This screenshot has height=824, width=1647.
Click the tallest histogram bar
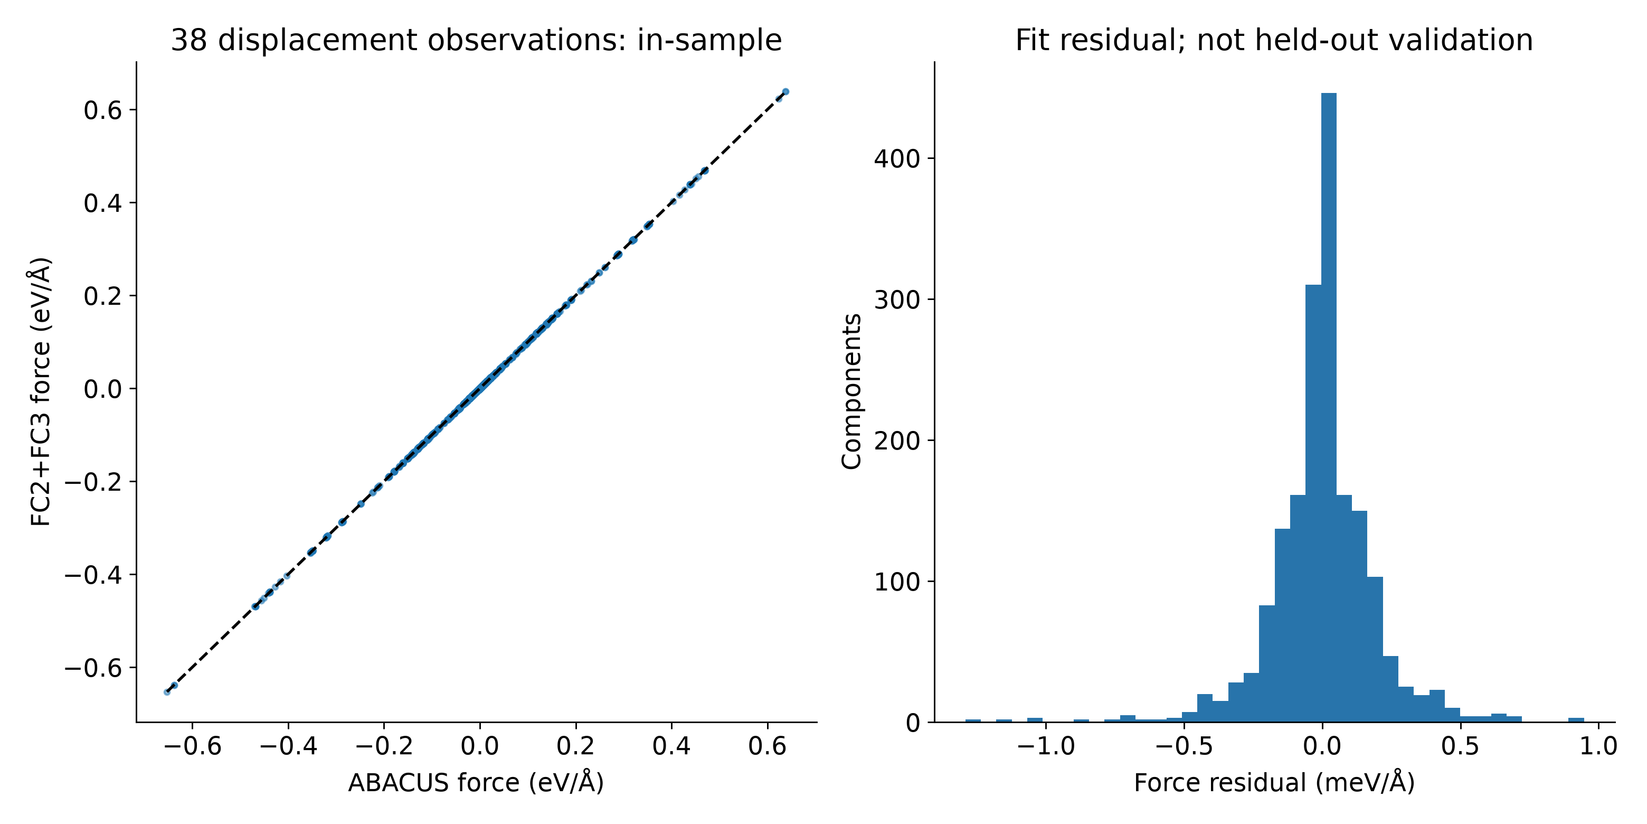pos(1329,408)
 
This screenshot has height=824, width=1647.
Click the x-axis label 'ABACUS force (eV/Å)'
pos(476,782)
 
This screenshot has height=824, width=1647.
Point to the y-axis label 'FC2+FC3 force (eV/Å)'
pos(40,391)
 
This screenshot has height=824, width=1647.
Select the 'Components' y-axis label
pos(851,391)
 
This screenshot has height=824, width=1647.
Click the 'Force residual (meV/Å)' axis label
pos(1274,782)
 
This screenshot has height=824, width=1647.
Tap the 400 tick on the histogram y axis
pos(897,158)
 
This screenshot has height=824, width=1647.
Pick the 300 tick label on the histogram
pos(897,299)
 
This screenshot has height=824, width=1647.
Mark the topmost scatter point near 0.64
pos(786,91)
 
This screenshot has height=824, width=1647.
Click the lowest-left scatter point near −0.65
pos(167,692)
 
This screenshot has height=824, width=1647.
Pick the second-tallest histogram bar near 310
pos(1313,503)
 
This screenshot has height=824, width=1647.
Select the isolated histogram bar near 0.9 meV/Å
pos(1576,720)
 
